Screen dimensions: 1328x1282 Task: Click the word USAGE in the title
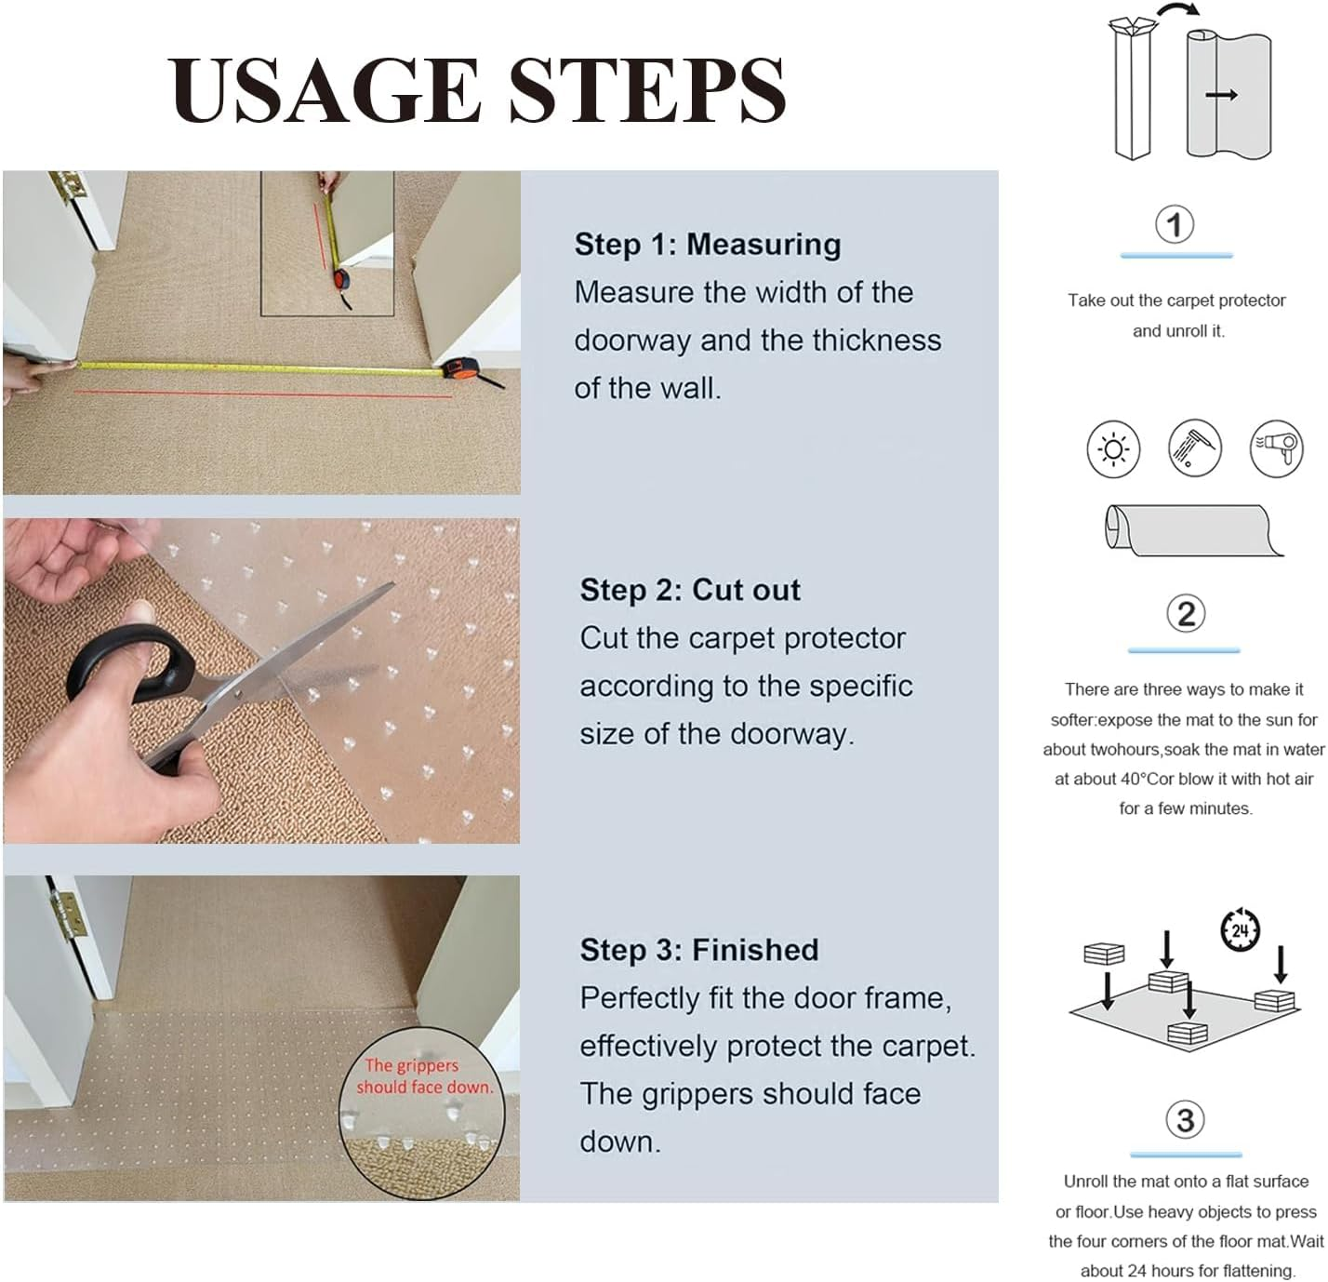[x=325, y=91]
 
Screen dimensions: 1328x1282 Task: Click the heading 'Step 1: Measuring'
[x=708, y=245]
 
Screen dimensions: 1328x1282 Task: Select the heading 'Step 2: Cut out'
[x=690, y=591]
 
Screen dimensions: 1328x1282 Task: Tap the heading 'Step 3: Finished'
[x=699, y=950]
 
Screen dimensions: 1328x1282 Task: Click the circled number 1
[x=1175, y=224]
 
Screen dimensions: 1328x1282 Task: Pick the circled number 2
[x=1186, y=614]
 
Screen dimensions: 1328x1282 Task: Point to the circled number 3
[x=1186, y=1120]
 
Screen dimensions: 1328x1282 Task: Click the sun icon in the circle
[x=1113, y=449]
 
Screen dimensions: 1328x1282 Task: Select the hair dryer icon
[x=1276, y=448]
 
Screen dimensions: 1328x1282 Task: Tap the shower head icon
[x=1194, y=447]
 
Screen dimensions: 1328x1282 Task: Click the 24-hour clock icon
[x=1240, y=929]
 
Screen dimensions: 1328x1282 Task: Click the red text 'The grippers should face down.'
[x=423, y=1075]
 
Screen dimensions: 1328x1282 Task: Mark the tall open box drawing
[x=1132, y=89]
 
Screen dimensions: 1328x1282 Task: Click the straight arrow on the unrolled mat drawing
[x=1221, y=95]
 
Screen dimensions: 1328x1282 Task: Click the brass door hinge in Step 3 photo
[x=68, y=915]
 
